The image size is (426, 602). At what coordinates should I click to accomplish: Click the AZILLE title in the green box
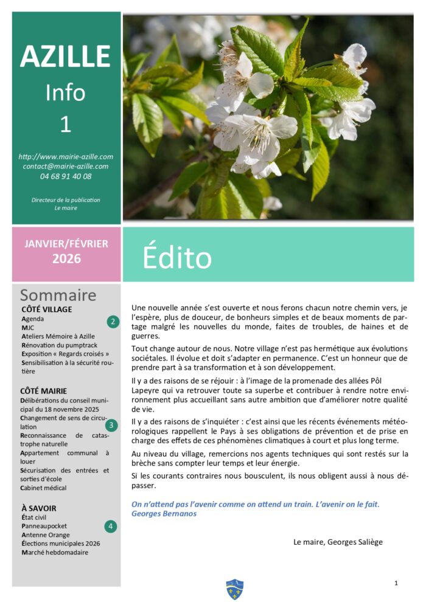[66, 57]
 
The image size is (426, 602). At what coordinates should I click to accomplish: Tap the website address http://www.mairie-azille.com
[66, 156]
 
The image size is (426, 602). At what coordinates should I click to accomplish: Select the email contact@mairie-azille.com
[66, 166]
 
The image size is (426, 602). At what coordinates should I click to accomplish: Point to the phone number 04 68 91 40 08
[66, 176]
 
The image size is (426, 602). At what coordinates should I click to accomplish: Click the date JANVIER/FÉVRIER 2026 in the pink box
[66, 251]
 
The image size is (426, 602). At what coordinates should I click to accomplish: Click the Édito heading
[176, 257]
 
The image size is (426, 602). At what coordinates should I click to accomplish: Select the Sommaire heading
[58, 296]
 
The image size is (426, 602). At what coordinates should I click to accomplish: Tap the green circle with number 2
[112, 322]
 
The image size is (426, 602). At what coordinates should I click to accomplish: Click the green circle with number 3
[112, 425]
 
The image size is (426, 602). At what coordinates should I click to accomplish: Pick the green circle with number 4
[110, 526]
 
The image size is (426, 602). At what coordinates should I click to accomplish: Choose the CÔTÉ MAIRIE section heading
[43, 391]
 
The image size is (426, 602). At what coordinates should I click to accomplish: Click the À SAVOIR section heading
[38, 508]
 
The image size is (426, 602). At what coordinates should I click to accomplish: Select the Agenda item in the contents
[33, 319]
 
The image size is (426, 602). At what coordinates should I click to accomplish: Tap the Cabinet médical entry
[43, 488]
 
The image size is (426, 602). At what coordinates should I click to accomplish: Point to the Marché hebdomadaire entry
[54, 552]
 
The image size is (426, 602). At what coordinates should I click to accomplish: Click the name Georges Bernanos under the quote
[164, 513]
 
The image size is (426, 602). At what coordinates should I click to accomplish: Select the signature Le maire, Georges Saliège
[338, 542]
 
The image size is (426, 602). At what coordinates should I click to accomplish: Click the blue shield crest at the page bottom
[234, 589]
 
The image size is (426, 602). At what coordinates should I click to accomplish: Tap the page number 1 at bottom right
[396, 583]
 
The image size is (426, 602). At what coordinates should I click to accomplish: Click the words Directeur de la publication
[66, 199]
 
